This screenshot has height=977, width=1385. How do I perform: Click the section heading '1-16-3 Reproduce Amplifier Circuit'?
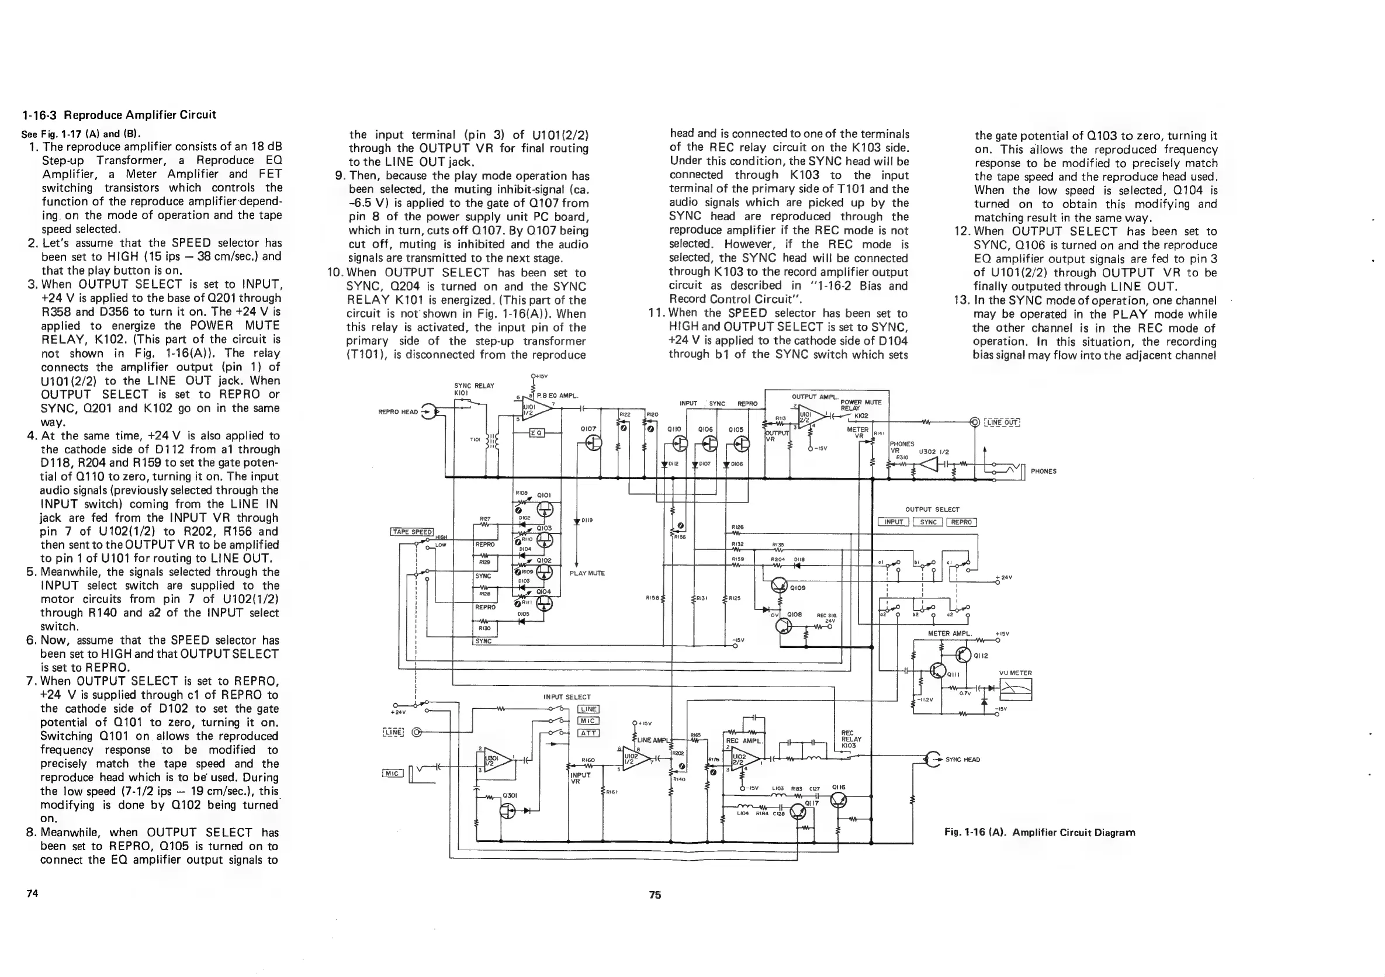pyautogui.click(x=119, y=115)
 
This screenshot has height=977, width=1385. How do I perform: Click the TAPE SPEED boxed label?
pyautogui.click(x=413, y=531)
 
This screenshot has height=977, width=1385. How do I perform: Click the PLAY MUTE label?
pyautogui.click(x=587, y=573)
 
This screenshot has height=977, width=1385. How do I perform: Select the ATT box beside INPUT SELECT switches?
pyautogui.click(x=588, y=733)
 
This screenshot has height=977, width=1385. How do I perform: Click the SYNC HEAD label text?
pyautogui.click(x=962, y=759)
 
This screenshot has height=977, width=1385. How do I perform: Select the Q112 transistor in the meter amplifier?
pyautogui.click(x=963, y=654)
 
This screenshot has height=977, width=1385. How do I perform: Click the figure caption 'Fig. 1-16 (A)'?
pyautogui.click(x=1040, y=832)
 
